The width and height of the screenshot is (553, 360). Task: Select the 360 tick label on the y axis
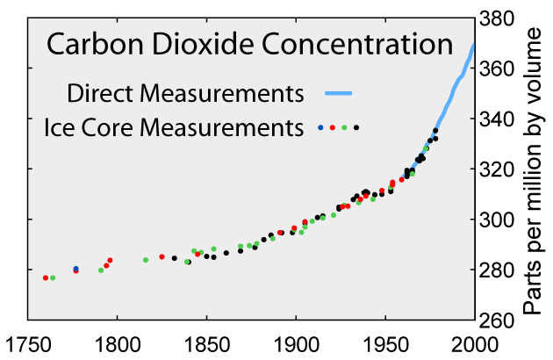[498, 68]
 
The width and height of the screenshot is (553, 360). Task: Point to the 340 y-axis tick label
[498, 119]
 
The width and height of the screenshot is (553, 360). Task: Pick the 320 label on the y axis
[498, 169]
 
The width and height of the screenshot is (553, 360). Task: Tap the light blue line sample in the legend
[338, 92]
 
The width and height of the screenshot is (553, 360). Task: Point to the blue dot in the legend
[320, 128]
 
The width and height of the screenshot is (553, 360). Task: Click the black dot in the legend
[356, 128]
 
